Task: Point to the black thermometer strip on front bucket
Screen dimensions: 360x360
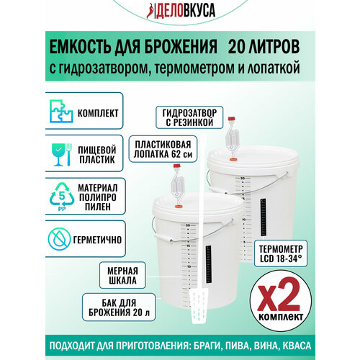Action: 209,256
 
